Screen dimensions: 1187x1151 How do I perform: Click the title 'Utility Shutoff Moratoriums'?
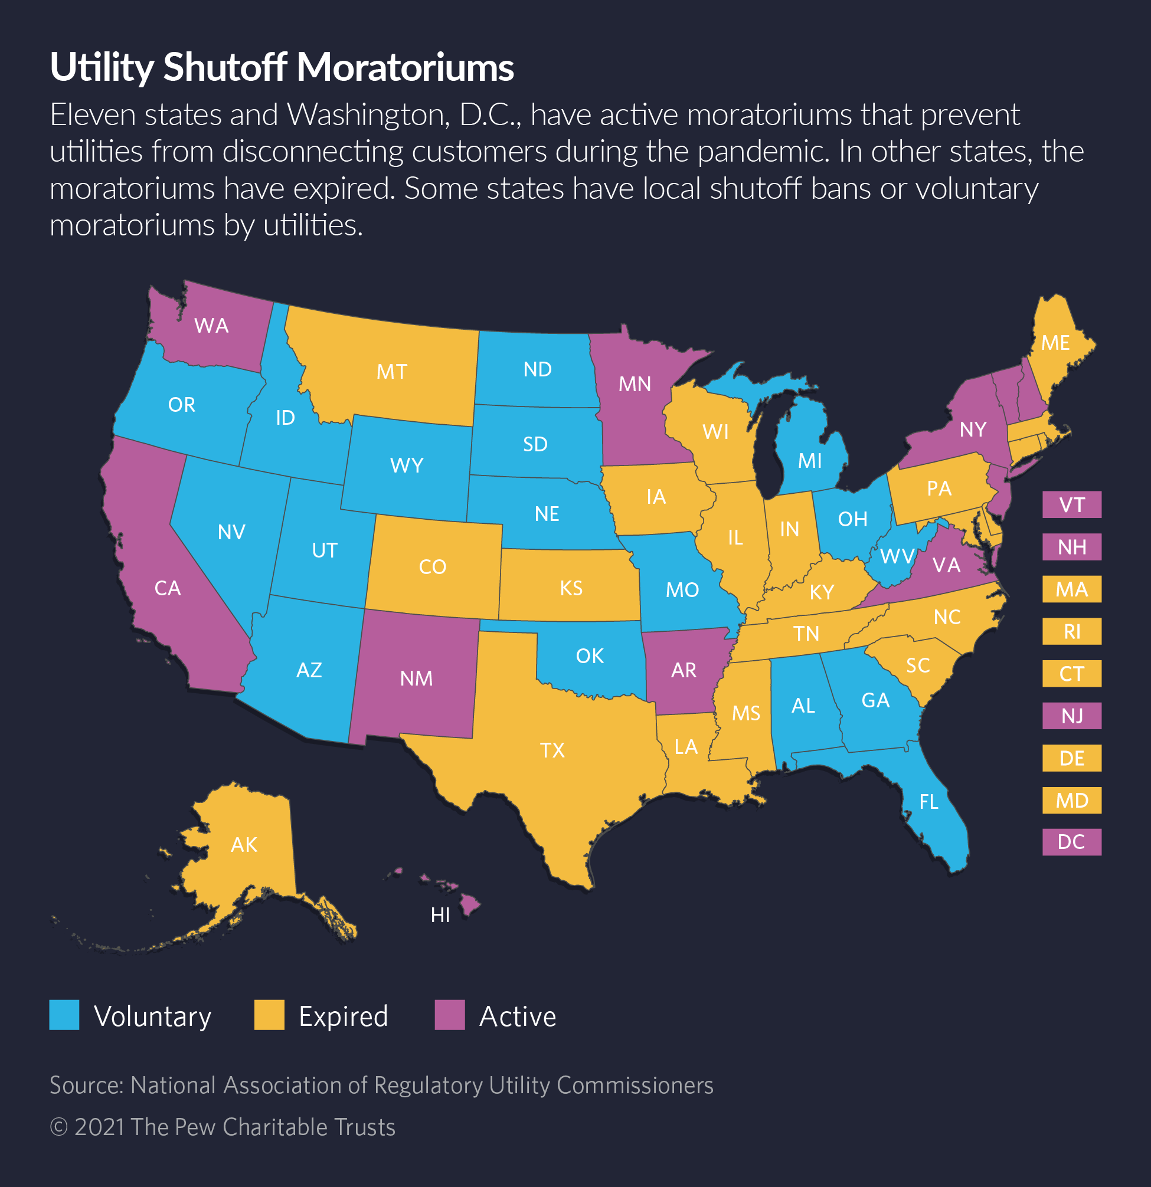[x=282, y=67]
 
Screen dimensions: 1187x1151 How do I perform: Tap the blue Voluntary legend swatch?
[x=64, y=1015]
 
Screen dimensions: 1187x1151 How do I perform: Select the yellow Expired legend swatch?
[x=269, y=1015]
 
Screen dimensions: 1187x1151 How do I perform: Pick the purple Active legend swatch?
[x=450, y=1015]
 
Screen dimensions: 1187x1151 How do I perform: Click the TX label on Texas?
[x=552, y=750]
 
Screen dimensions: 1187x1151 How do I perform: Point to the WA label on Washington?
[x=211, y=326]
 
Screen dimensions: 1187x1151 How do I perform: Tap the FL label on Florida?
[x=928, y=802]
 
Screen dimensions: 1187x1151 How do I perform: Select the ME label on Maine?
[x=1055, y=343]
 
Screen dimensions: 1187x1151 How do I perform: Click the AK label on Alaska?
[x=244, y=845]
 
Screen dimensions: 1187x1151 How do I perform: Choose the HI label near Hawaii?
[x=440, y=915]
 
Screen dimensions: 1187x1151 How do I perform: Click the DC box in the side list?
[x=1071, y=842]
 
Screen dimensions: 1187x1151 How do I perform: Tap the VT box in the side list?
[x=1071, y=504]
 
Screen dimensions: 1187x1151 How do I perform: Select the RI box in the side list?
[x=1071, y=632]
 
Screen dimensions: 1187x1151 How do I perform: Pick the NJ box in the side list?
[x=1071, y=716]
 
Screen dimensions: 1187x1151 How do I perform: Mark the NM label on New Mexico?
[x=416, y=678]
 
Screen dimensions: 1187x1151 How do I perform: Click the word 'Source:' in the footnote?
[x=87, y=1086]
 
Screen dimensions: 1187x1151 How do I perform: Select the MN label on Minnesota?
[x=635, y=384]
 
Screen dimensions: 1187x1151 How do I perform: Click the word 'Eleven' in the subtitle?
[x=93, y=115]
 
